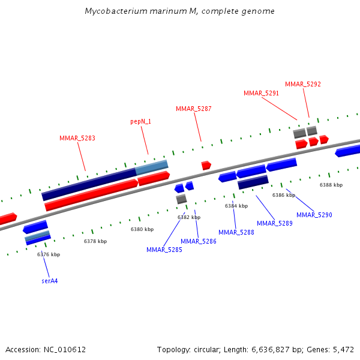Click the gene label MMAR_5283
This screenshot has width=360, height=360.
tap(77, 138)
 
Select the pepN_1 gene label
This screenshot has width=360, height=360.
tap(141, 121)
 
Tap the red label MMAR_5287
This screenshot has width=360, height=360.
tap(193, 109)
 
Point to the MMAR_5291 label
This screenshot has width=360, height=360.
tap(262, 93)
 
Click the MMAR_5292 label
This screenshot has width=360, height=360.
tap(303, 84)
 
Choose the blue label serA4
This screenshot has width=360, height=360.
tap(50, 280)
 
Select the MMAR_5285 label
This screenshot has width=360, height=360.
tap(164, 250)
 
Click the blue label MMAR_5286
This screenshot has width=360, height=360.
tap(199, 241)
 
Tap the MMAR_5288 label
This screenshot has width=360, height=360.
tap(236, 232)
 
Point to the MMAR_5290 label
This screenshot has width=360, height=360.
tap(314, 215)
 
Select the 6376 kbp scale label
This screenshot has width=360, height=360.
tap(49, 254)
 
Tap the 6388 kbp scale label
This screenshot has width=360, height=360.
tap(331, 185)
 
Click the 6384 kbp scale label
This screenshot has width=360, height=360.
tap(236, 206)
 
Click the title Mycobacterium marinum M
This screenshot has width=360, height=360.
tap(180, 11)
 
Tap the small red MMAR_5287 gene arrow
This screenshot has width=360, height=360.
tap(206, 165)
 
